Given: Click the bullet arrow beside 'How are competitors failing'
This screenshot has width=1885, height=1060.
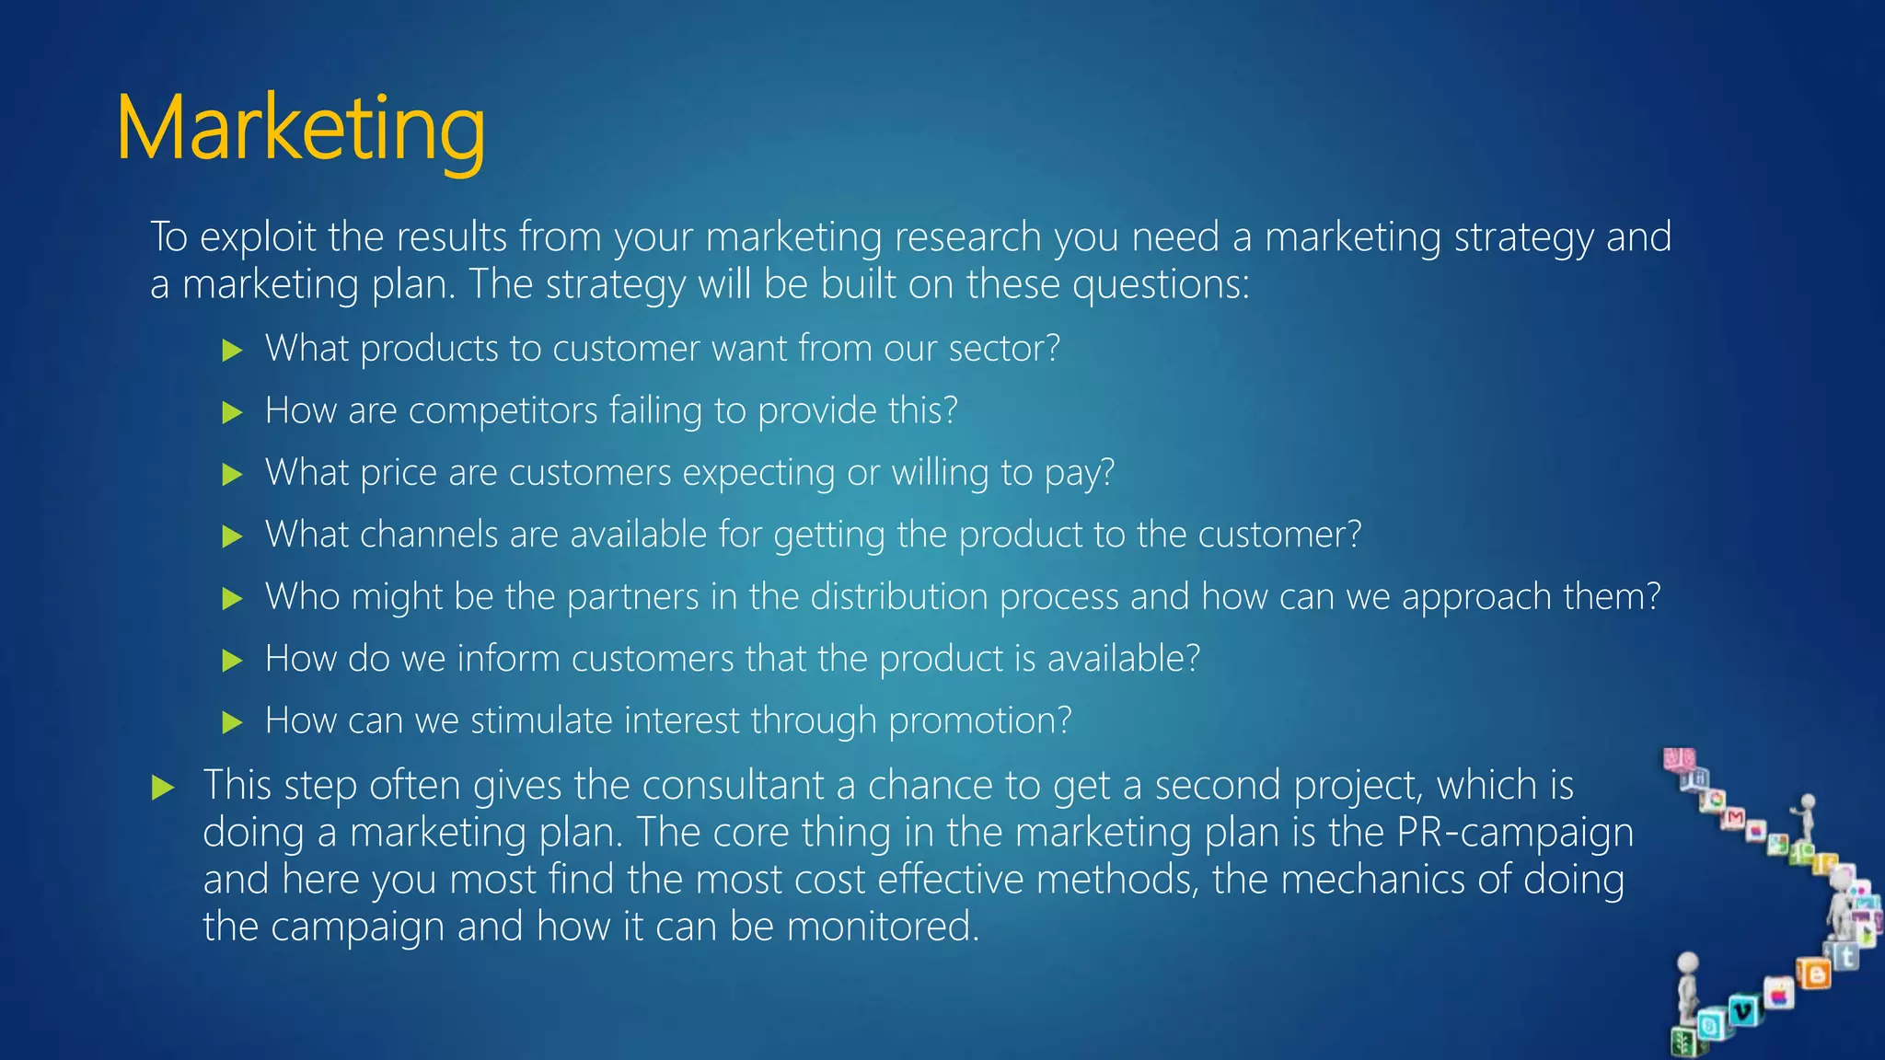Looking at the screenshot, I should pyautogui.click(x=232, y=412).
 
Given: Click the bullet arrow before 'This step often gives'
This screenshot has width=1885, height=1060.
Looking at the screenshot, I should pyautogui.click(x=163, y=788).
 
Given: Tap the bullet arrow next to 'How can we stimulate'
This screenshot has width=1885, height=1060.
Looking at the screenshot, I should pyautogui.click(x=232, y=722).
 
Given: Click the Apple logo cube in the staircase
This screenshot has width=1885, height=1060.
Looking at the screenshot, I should pyautogui.click(x=1778, y=995).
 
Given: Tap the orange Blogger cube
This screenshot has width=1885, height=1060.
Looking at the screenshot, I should pyautogui.click(x=1814, y=973).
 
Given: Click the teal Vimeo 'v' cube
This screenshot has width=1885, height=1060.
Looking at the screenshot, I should pyautogui.click(x=1742, y=1011).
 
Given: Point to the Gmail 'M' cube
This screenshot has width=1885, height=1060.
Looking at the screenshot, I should pyautogui.click(x=1735, y=818).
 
